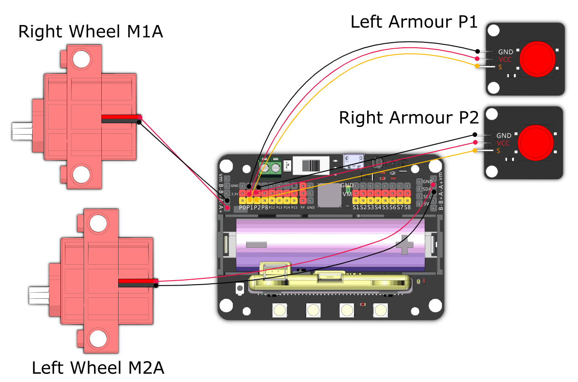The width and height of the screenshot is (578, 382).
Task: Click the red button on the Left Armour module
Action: [x=537, y=59]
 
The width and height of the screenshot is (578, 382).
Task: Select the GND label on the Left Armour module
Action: [x=505, y=52]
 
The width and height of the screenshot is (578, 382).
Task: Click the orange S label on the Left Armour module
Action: [x=500, y=67]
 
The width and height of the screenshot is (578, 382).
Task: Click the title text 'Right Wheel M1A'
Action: [x=90, y=32]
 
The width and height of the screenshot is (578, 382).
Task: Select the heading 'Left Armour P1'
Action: [x=414, y=21]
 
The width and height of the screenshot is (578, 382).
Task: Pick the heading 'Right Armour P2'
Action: [x=409, y=118]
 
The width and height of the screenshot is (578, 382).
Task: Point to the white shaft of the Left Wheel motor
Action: [x=39, y=295]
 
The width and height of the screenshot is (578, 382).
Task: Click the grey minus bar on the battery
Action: [x=256, y=245]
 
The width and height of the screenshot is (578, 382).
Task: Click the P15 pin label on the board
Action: [x=294, y=208]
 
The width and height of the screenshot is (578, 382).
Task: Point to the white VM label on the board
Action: [x=347, y=194]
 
